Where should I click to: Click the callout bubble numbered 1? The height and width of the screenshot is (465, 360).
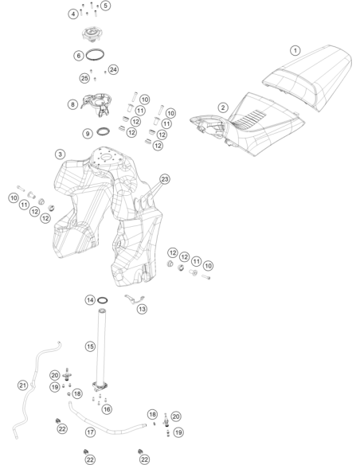click(295, 51)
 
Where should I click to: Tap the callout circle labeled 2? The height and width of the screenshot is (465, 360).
click(223, 107)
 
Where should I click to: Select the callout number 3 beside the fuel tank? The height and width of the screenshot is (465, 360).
click(61, 154)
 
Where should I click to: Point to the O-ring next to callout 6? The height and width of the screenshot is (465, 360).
click(95, 55)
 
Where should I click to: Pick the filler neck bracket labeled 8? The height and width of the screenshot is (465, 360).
click(96, 104)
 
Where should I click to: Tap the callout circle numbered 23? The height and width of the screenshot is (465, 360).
click(165, 179)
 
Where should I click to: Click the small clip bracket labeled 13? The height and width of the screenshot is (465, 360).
click(135, 299)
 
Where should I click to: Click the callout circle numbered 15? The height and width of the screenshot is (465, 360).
click(90, 346)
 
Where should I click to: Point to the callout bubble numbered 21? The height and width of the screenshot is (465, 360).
click(23, 385)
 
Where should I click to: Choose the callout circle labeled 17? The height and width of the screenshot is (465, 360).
click(90, 432)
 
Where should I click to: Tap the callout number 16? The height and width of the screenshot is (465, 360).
click(107, 409)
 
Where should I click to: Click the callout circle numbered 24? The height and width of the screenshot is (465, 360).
click(113, 70)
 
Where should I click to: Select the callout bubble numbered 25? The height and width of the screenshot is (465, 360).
click(84, 78)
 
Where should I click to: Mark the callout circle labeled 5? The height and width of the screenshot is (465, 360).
click(105, 6)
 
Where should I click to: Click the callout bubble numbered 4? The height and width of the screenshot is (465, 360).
click(73, 14)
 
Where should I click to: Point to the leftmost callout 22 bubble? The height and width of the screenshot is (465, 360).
click(62, 429)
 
